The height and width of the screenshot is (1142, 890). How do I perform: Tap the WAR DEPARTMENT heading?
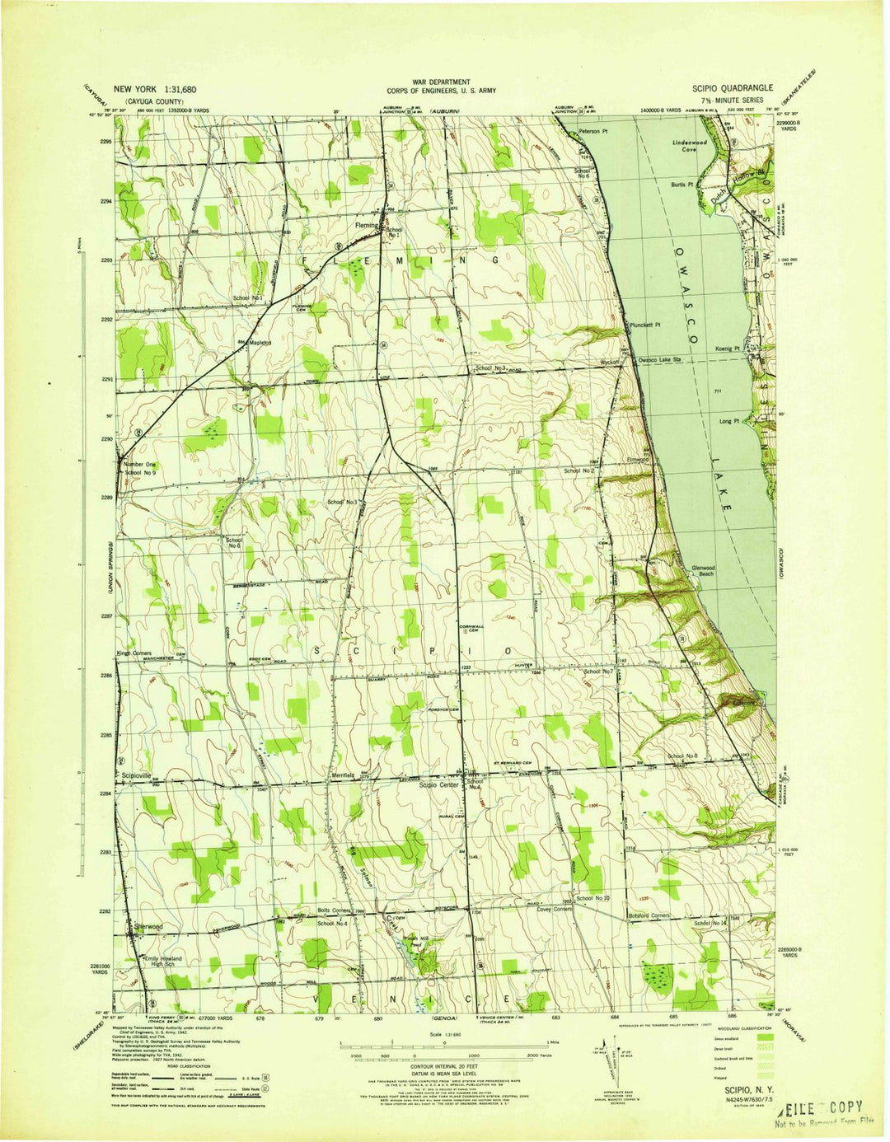[x=442, y=82]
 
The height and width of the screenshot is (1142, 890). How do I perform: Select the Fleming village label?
[x=365, y=225]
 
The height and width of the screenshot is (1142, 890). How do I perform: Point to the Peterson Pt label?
[x=592, y=132]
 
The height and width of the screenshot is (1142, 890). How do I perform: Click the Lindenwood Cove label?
[x=690, y=146]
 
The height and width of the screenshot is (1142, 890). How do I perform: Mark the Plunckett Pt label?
[x=648, y=325]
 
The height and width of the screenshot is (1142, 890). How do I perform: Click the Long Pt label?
[x=729, y=421]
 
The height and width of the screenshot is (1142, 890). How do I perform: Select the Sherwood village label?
[x=148, y=927]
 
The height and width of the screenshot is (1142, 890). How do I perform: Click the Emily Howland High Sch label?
[x=162, y=962]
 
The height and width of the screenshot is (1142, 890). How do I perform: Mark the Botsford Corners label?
[x=648, y=915]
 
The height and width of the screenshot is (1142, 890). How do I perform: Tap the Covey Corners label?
[x=554, y=910]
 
